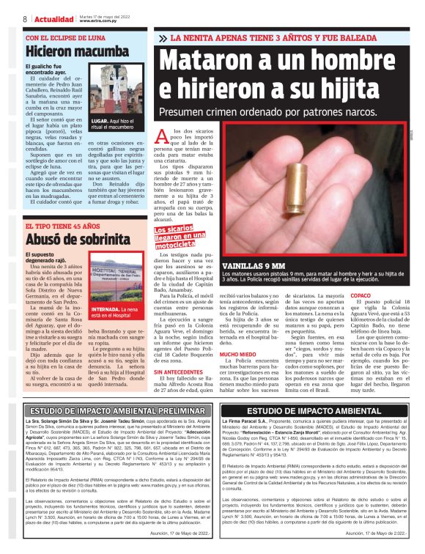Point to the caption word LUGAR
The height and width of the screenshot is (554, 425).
pos(100,119)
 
